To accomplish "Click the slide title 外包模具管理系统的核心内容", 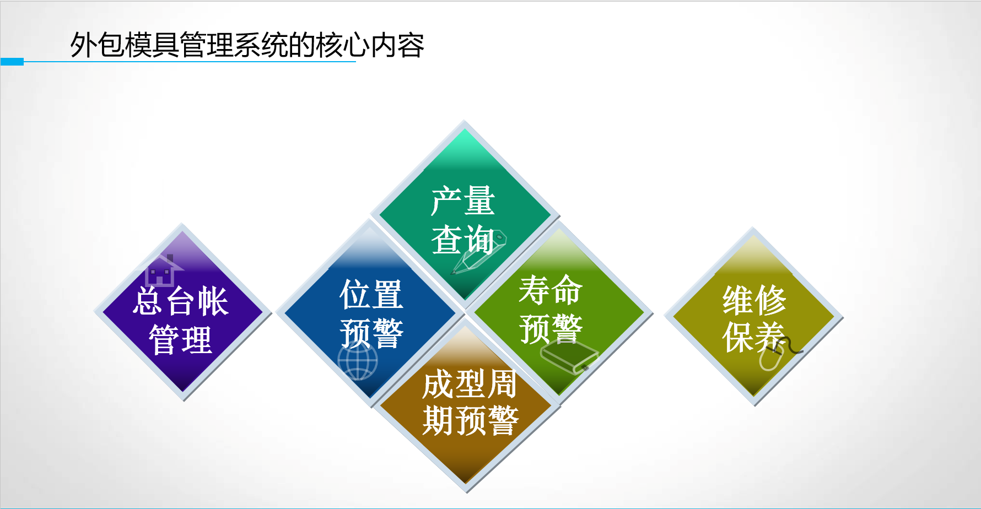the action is [247, 45].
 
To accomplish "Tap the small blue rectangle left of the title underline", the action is [12, 62].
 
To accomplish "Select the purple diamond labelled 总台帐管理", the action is [183, 312].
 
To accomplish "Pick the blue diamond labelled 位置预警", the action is [370, 313].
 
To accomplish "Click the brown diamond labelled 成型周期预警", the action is [466, 405].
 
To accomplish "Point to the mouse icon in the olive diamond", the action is [777, 353].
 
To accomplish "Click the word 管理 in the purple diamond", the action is [181, 340].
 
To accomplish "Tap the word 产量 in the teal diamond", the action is [463, 201].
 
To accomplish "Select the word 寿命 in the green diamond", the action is [551, 290].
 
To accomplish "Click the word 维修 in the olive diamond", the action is [754, 300].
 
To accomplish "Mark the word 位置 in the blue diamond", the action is [371, 294].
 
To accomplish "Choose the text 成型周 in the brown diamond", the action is [470, 384].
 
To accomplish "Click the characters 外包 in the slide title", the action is [97, 45].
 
